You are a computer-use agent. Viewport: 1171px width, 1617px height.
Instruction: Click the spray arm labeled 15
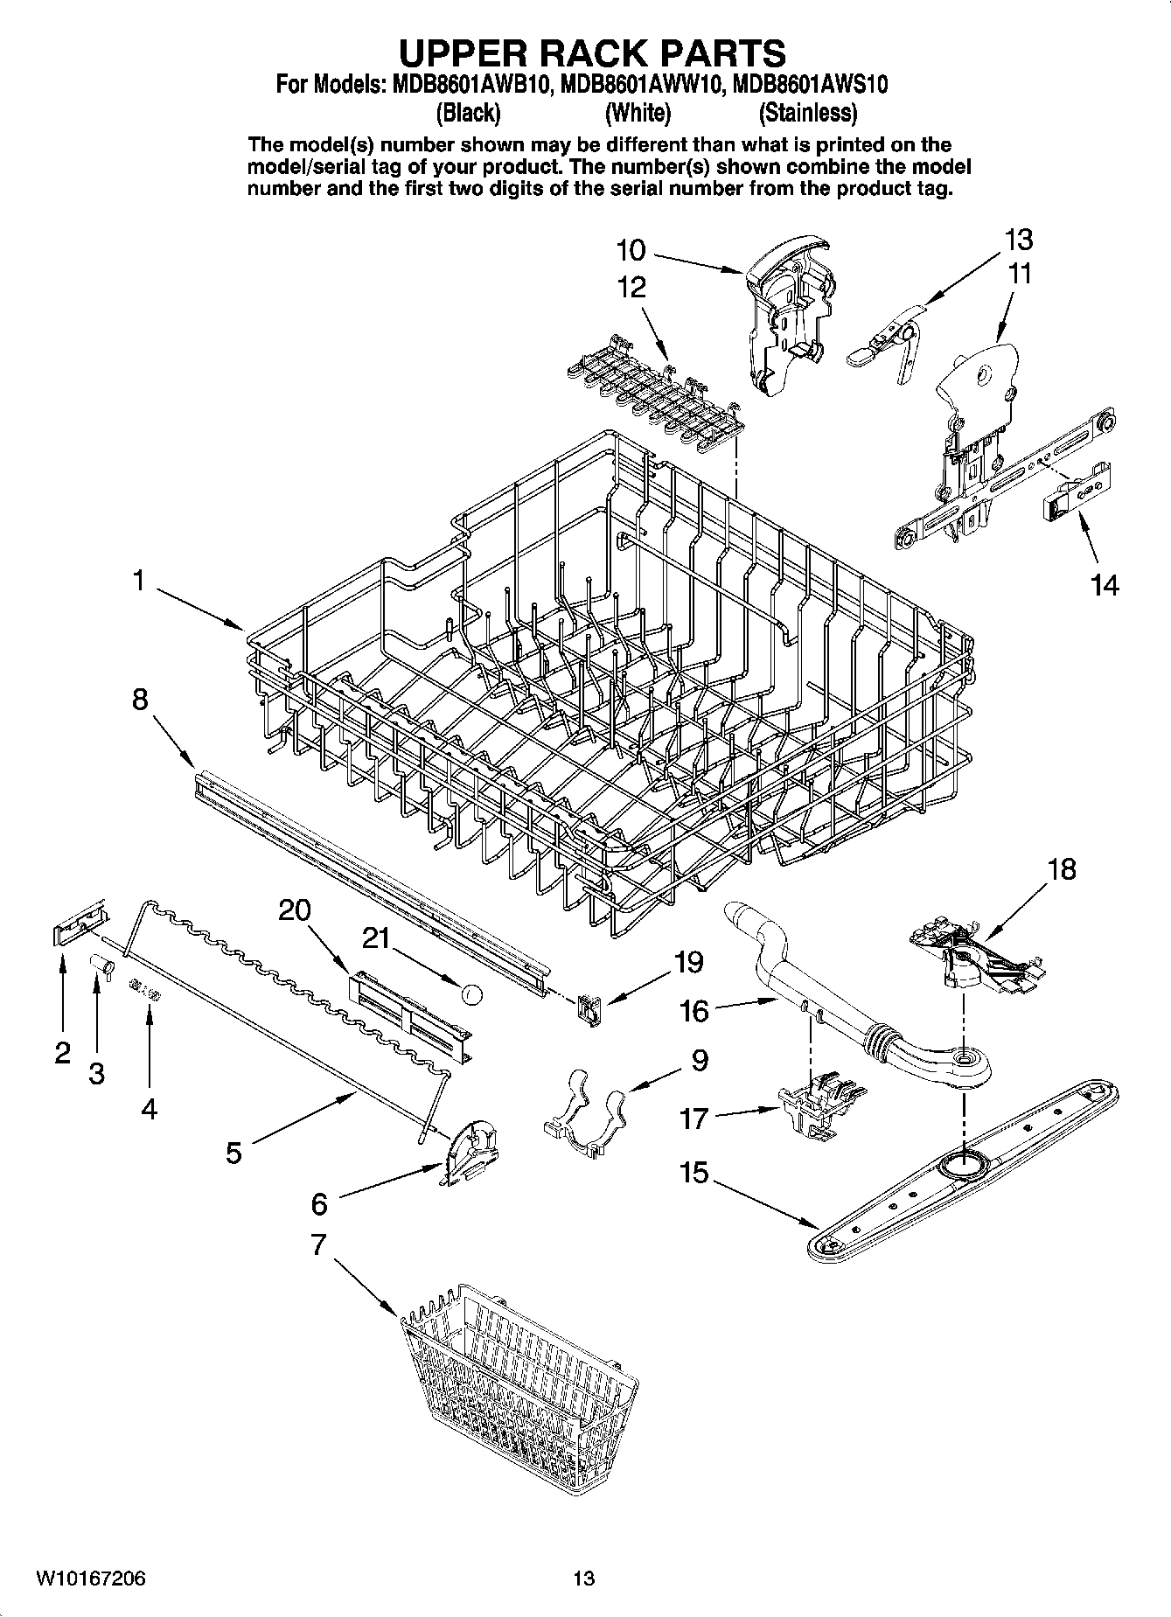tap(962, 1169)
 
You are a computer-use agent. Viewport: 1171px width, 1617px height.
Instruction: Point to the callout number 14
tap(1105, 585)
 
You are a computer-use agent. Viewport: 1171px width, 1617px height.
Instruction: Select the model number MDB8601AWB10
tap(467, 85)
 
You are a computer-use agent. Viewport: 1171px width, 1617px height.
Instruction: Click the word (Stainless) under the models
tap(807, 113)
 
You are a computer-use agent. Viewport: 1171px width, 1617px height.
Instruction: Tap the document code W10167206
tap(90, 1579)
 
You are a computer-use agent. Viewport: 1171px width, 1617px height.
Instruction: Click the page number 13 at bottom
tap(583, 1579)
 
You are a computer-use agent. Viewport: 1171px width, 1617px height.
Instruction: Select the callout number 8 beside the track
tap(140, 700)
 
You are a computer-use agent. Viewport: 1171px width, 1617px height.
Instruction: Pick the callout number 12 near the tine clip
tap(631, 287)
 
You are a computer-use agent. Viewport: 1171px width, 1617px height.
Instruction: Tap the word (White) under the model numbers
tap(638, 113)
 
